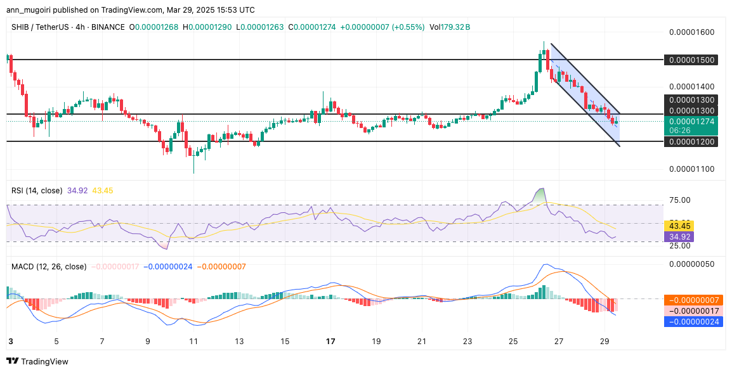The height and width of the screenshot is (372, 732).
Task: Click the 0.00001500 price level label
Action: (691, 60)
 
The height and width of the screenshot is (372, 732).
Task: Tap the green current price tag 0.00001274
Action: (691, 122)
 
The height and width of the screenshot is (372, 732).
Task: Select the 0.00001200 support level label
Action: (691, 141)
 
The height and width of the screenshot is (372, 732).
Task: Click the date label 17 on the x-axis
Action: (330, 341)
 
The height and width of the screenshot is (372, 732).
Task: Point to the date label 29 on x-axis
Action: (605, 341)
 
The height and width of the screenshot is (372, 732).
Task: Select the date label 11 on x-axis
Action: (193, 341)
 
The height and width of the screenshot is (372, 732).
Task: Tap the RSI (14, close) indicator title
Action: (36, 191)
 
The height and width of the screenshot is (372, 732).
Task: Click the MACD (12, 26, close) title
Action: (49, 267)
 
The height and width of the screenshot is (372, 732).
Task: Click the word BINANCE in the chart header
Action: (105, 27)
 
